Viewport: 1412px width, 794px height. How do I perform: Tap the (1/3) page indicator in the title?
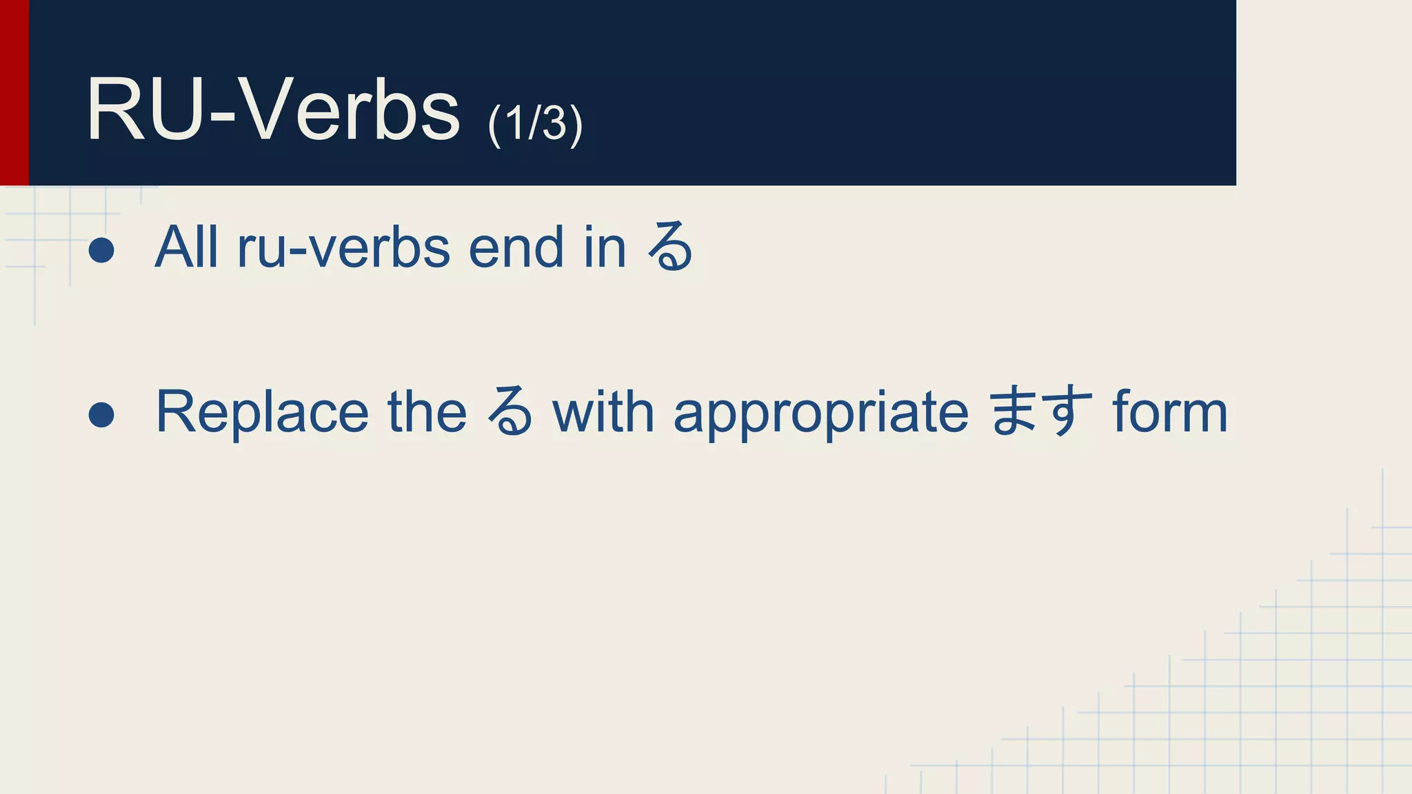point(535,124)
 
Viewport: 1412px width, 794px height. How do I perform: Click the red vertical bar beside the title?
point(14,92)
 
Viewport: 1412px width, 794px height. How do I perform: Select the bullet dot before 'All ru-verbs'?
point(101,250)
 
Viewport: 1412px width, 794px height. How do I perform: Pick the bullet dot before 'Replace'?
point(101,414)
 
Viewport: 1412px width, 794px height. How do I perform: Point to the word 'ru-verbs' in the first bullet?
point(343,247)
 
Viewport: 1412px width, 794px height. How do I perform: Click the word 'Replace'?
point(262,412)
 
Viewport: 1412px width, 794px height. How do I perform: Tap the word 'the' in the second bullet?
point(427,412)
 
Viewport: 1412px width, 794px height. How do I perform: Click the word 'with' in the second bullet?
point(603,412)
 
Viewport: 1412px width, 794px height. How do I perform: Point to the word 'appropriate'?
point(820,412)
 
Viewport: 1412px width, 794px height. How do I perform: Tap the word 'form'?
point(1170,412)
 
